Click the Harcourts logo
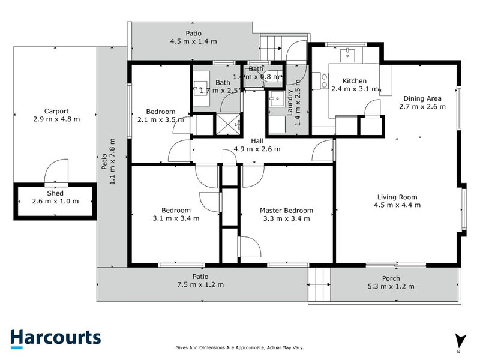pyautogui.click(x=55, y=338)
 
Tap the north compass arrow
pyautogui.click(x=460, y=340)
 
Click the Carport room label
pyautogui.click(x=56, y=111)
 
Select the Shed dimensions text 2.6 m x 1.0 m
pyautogui.click(x=55, y=201)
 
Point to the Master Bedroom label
pyautogui.click(x=286, y=211)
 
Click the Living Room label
pyautogui.click(x=397, y=197)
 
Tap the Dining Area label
pyautogui.click(x=422, y=98)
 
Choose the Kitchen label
pyautogui.click(x=354, y=81)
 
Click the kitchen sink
pyautogui.click(x=347, y=55)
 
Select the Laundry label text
pyautogui.click(x=290, y=107)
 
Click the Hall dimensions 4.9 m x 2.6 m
pyautogui.click(x=257, y=149)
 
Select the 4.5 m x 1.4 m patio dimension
pyautogui.click(x=193, y=41)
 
